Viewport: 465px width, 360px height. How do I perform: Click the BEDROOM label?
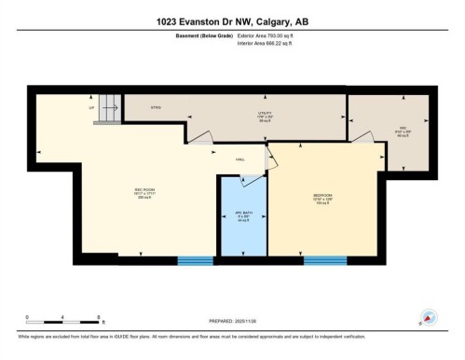coord(323,197)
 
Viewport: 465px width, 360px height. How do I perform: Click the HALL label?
coord(239,159)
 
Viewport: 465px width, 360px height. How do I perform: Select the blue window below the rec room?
coord(196,259)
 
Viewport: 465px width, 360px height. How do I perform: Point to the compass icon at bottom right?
coord(430,317)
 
